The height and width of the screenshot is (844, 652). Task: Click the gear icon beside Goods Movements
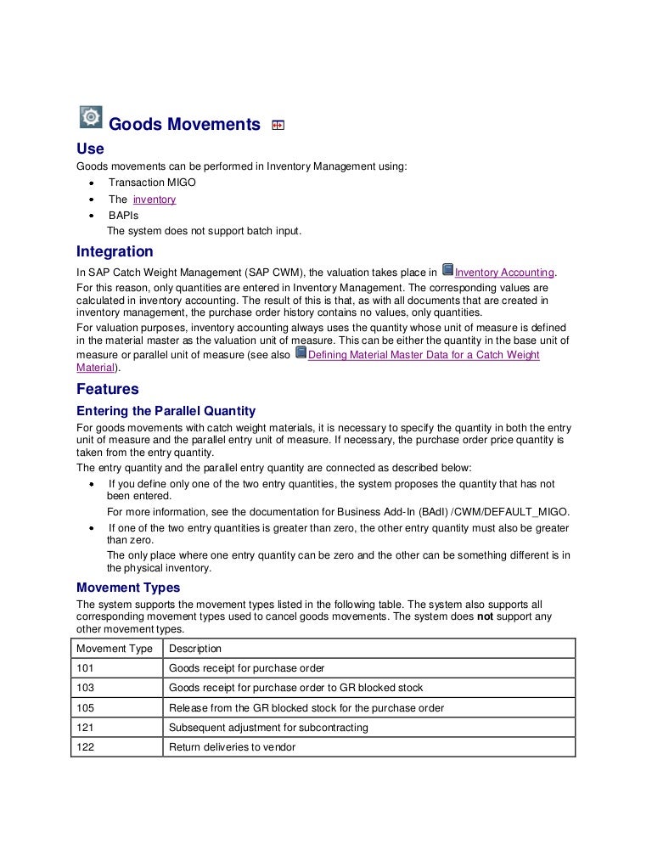pos(90,118)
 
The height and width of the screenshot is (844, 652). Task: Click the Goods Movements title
pos(185,125)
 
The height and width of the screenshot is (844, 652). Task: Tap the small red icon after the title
pos(278,126)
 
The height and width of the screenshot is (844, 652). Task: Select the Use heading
pos(90,149)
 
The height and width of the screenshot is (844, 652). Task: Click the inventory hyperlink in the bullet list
pos(155,200)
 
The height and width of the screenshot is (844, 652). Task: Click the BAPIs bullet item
pos(123,216)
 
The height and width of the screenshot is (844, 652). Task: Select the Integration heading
pos(115,252)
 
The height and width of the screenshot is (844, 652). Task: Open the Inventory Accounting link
pos(504,273)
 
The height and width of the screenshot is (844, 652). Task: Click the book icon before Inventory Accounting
pos(448,271)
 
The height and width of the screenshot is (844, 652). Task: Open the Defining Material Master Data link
pos(423,355)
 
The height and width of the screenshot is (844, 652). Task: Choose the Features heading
pos(107,390)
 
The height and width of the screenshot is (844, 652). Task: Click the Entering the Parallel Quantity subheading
pos(166,411)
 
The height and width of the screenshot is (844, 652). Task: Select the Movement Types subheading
pos(128,588)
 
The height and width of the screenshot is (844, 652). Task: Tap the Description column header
pos(195,649)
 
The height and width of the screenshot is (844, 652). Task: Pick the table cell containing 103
pos(85,688)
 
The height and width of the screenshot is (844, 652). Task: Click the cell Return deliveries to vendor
pos(232,747)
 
